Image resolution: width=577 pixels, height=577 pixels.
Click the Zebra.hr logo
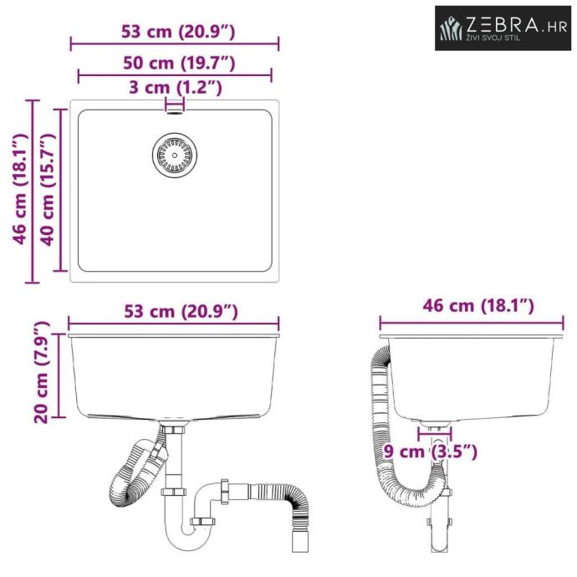click(503, 28)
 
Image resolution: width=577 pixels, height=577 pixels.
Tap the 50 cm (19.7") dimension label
click(179, 63)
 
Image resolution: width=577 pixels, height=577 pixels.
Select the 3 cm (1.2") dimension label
click(176, 88)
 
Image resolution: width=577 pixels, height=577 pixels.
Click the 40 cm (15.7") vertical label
click(47, 190)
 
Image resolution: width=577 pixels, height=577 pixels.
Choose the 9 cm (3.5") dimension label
click(430, 452)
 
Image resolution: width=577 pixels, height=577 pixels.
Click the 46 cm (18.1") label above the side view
click(478, 306)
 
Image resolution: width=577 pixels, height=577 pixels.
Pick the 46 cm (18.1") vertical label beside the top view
click(20, 190)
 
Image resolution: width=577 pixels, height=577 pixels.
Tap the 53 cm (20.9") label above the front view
click(181, 312)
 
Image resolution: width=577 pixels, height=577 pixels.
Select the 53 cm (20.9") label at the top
click(178, 32)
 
